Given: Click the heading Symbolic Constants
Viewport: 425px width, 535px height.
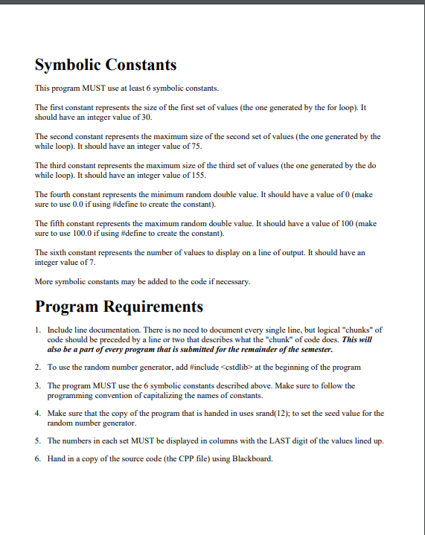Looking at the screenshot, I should coord(106,65).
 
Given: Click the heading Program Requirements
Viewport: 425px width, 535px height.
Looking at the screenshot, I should coord(119,307).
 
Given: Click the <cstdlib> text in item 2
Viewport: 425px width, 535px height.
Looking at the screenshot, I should coord(229,368).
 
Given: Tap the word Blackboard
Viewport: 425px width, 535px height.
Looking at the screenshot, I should coord(252,459).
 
